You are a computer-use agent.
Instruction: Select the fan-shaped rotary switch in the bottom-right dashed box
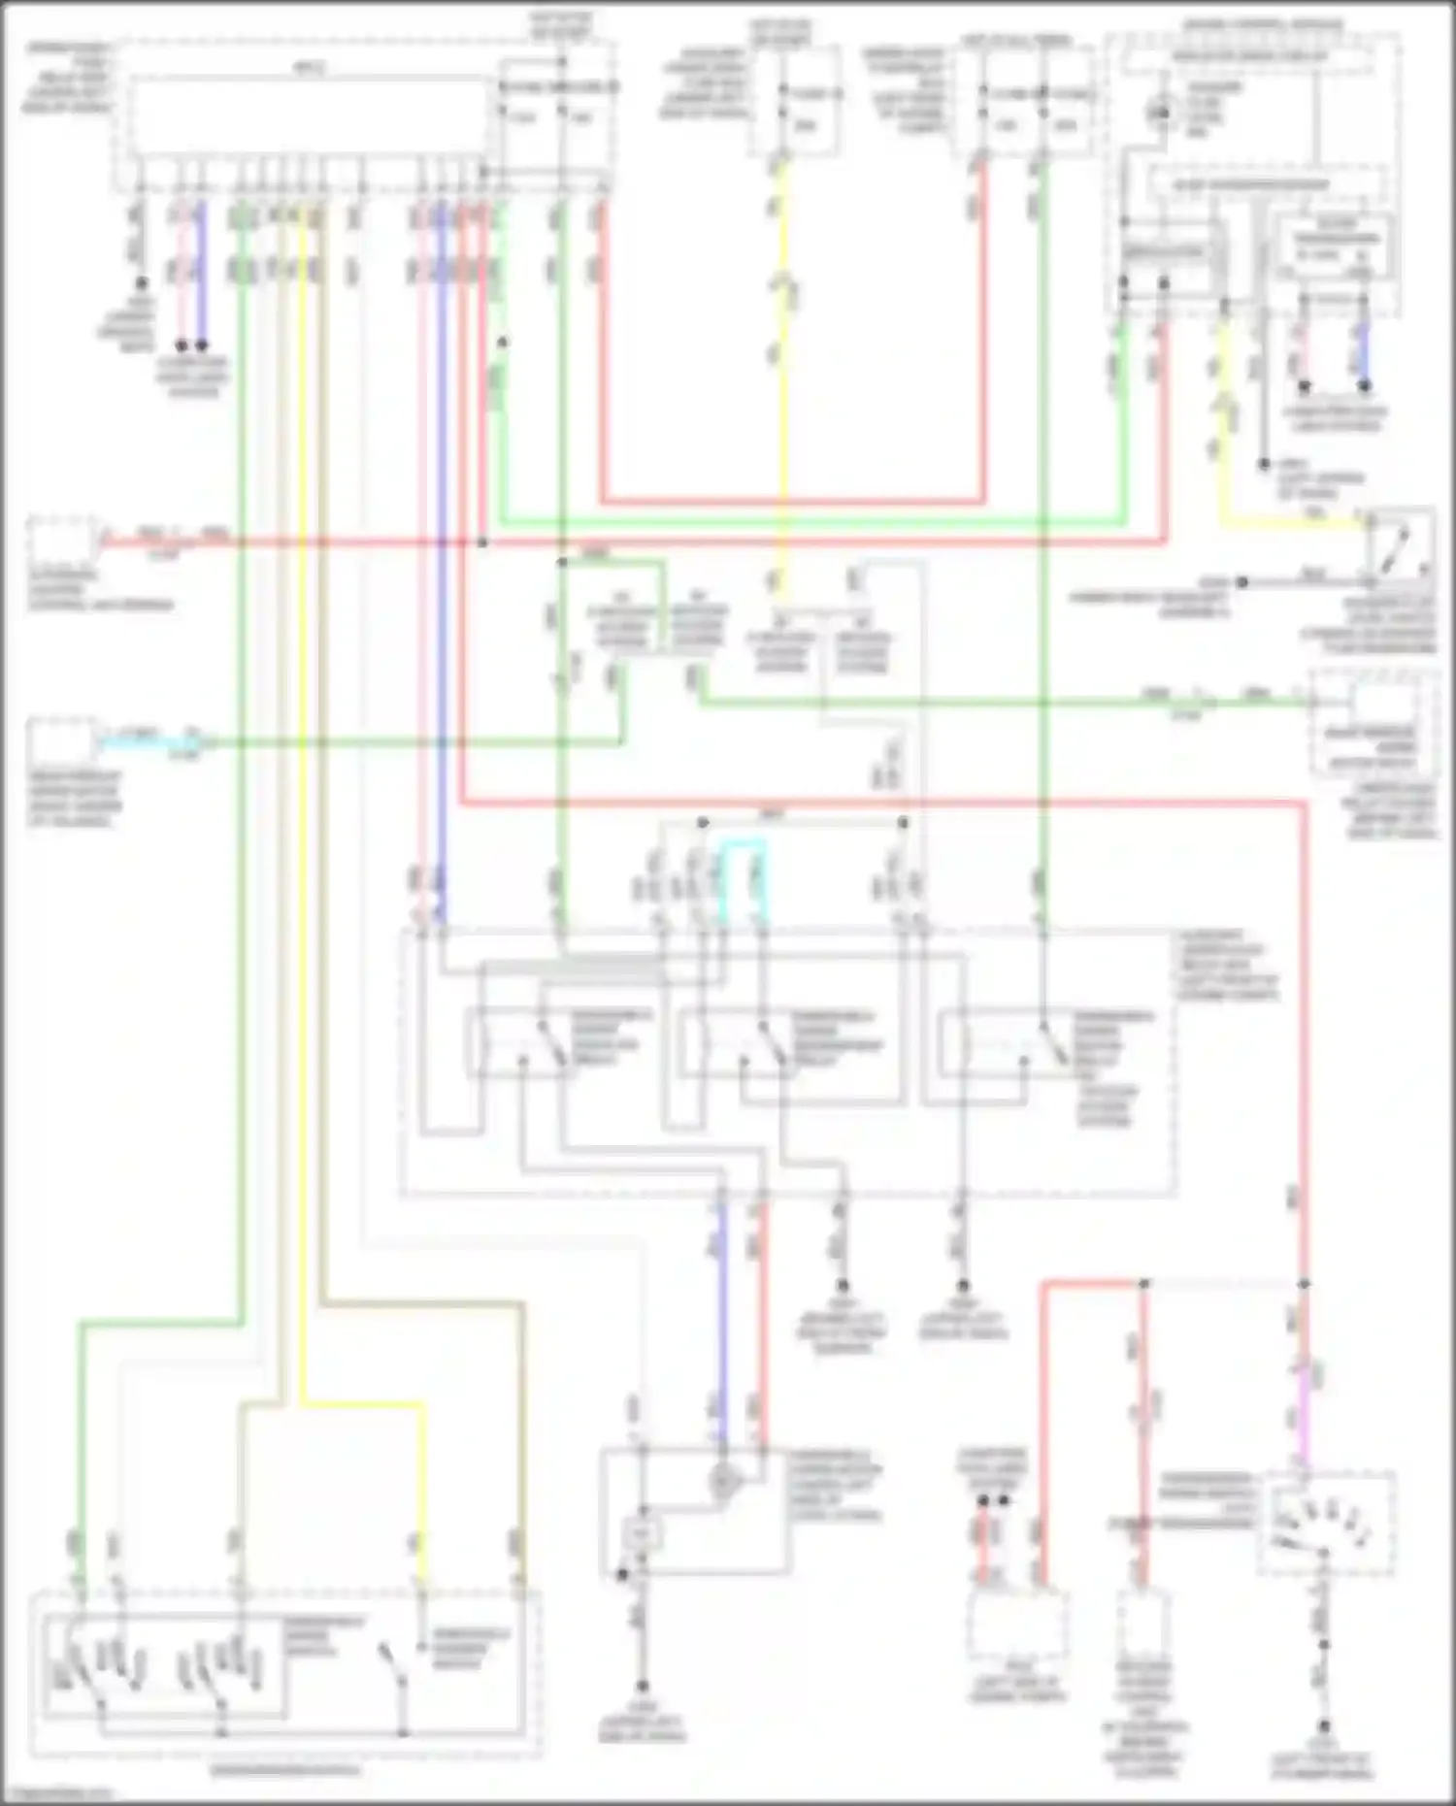[1325, 1524]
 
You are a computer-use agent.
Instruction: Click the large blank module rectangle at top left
[311, 116]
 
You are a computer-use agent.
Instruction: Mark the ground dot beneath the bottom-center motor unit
[642, 1688]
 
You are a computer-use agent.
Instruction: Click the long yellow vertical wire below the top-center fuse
[782, 388]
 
